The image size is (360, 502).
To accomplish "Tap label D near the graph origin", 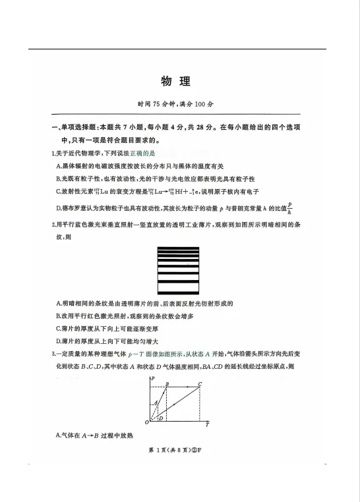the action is click(x=160, y=418).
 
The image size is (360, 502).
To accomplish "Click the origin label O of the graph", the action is click(x=146, y=422).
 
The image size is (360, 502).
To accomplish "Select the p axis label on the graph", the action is click(x=153, y=378).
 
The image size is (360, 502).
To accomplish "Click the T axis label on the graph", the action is click(x=206, y=425).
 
